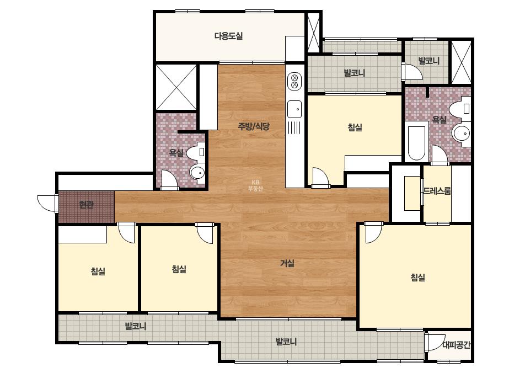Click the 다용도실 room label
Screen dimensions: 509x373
[228, 36]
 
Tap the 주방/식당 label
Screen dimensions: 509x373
[254, 126]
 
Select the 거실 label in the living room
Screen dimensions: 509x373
[287, 263]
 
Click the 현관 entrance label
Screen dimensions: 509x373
[87, 205]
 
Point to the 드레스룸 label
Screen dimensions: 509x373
[437, 191]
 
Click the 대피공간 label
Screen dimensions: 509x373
[456, 345]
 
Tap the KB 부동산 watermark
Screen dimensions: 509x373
[255, 185]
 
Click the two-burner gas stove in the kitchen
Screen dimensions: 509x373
[294, 81]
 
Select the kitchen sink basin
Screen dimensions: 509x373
[294, 109]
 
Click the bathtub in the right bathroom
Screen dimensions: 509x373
[416, 143]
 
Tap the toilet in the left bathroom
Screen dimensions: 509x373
[197, 153]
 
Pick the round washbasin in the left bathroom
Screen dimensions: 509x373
[197, 172]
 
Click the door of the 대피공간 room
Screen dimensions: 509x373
[435, 342]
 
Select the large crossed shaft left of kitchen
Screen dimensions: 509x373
[176, 87]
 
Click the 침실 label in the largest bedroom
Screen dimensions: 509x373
[418, 278]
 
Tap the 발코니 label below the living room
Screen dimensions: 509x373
[286, 342]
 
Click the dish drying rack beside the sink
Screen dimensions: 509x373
[294, 127]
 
